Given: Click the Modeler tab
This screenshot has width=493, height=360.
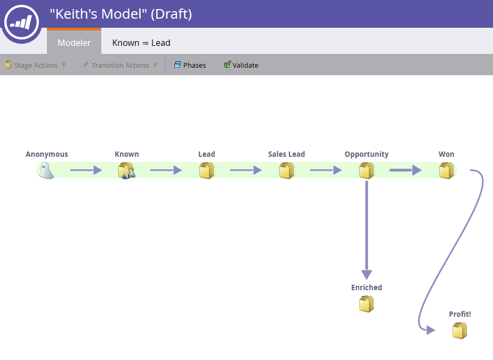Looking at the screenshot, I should [74, 43].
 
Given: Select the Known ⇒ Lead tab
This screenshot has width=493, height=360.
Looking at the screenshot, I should [141, 43].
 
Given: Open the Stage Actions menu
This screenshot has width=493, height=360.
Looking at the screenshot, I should [35, 65].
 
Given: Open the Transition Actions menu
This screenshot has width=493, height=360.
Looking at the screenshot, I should [119, 65].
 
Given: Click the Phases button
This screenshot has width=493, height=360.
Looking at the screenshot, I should [190, 65].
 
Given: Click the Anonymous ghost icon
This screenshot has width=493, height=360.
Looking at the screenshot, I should [46, 171].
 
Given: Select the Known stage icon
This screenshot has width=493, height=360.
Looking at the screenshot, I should [127, 171].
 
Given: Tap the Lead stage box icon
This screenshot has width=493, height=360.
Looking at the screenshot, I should [206, 171].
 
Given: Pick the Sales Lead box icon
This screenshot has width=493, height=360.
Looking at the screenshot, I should [286, 171].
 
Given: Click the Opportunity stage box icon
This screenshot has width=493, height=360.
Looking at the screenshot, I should [366, 171].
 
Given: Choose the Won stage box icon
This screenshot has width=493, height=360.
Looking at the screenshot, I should [446, 171].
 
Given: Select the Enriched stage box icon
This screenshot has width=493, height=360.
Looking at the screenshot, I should [366, 304].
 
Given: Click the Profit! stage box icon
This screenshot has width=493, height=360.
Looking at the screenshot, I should [459, 331].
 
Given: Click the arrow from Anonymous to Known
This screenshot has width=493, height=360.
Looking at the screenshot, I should [86, 171].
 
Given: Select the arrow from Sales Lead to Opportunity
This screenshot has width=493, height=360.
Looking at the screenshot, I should [326, 171].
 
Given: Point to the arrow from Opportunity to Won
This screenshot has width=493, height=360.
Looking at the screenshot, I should [406, 171].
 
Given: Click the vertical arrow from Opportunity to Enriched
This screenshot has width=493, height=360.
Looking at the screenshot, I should [367, 229].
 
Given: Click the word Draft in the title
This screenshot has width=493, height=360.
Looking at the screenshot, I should [171, 14].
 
